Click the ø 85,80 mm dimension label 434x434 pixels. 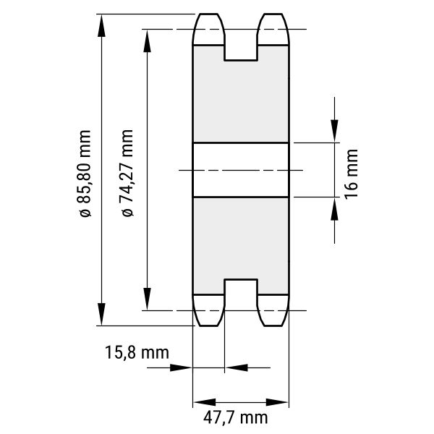pyautogui.click(x=85, y=174)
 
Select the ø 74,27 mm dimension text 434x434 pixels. pyautogui.click(x=127, y=173)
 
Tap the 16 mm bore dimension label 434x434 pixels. pyautogui.click(x=352, y=174)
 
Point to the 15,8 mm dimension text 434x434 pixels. pyautogui.click(x=137, y=353)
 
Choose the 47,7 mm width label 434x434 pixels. pyautogui.click(x=236, y=417)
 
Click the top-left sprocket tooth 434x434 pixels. pyautogui.click(x=208, y=29)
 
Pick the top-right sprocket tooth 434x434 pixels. pyautogui.click(x=273, y=29)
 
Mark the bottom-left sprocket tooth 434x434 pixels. pyautogui.click(x=208, y=310)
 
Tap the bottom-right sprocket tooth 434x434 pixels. pyautogui.click(x=273, y=310)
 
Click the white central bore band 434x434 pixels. pyautogui.click(x=241, y=170)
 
